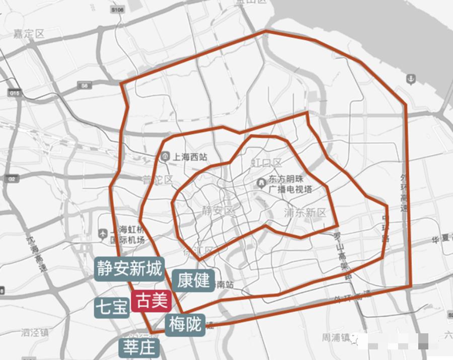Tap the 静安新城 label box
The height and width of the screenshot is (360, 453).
pyautogui.click(x=129, y=268)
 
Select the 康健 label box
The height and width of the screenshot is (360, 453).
pyautogui.click(x=193, y=280)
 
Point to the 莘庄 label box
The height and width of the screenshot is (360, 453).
pyautogui.click(x=139, y=347)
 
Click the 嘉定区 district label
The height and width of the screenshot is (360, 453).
pyautogui.click(x=29, y=34)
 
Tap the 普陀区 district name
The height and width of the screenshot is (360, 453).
pyautogui.click(x=157, y=180)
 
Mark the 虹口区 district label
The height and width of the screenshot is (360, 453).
pyautogui.click(x=266, y=163)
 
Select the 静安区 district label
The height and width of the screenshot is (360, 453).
pyautogui.click(x=218, y=210)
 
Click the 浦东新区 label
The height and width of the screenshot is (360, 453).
pyautogui.click(x=305, y=212)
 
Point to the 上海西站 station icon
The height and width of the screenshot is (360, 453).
pyautogui.click(x=166, y=157)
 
